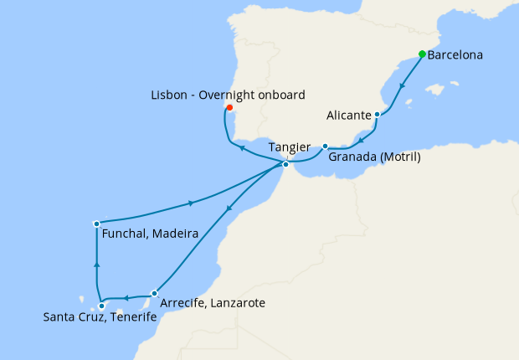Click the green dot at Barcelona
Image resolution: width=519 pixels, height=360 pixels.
(422, 55)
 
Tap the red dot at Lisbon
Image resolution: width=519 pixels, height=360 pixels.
(229, 108)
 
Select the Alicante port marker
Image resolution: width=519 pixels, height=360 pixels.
(378, 115)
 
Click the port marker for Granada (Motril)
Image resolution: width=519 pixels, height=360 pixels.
(325, 147)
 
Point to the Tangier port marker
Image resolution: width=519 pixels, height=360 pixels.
(285, 164)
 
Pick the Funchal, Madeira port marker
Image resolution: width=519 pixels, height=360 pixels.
(97, 224)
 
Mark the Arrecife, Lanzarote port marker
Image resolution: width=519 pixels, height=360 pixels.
(154, 293)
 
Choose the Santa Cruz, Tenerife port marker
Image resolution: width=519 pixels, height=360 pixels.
(101, 306)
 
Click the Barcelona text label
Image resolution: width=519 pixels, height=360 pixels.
(455, 57)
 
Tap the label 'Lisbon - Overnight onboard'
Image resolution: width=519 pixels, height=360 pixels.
(229, 94)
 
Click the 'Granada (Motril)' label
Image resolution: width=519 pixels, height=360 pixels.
(374, 157)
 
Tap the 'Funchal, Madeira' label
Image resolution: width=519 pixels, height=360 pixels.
(149, 235)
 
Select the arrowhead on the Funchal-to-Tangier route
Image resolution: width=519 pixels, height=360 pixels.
(193, 203)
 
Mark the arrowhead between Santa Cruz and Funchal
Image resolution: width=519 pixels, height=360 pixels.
(97, 265)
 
